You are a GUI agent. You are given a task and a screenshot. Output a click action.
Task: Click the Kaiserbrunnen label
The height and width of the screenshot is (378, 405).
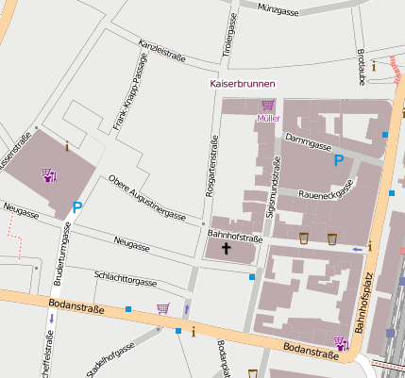click(x=242, y=84)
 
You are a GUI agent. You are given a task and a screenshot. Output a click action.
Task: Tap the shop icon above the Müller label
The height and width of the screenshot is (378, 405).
click(x=268, y=105)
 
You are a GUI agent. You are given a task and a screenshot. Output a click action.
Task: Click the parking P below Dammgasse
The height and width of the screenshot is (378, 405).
click(x=338, y=161)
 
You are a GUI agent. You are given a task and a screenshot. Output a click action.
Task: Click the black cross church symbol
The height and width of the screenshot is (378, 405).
click(x=226, y=249)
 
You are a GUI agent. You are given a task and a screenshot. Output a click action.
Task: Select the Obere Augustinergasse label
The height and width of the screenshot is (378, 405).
click(x=146, y=197)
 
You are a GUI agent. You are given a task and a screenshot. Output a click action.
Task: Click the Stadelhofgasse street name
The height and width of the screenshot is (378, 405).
click(x=110, y=356)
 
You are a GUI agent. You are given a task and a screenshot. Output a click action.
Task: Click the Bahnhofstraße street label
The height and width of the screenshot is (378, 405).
click(x=234, y=238)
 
